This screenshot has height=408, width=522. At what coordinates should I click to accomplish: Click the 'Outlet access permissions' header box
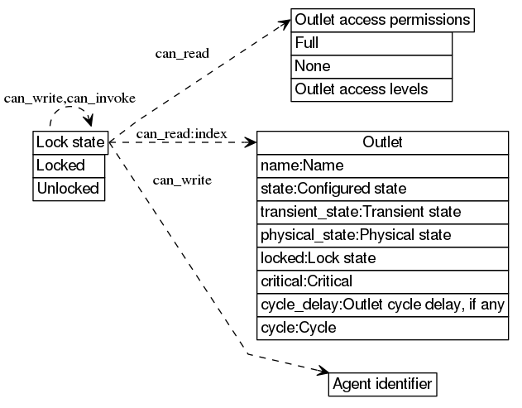point(382,20)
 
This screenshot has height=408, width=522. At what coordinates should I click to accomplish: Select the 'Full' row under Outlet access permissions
point(371,43)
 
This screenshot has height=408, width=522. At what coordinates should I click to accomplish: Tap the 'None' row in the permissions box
point(371,66)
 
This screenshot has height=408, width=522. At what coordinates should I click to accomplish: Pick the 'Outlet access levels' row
point(371,89)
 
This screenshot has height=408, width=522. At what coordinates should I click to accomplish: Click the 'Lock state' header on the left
point(70,142)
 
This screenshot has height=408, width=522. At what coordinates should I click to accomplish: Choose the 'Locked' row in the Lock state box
point(70,166)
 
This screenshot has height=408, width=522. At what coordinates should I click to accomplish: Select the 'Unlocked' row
point(70,189)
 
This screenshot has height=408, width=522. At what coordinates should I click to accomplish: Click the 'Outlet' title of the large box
point(382,142)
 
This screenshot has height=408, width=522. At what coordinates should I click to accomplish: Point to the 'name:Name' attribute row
point(382,166)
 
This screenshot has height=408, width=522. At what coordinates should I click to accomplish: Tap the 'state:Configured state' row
point(382,189)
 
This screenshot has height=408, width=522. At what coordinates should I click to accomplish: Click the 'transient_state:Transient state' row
point(382,212)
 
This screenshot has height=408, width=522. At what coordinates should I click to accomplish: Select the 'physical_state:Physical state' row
point(382,235)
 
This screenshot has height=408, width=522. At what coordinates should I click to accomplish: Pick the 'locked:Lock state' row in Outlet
point(382,258)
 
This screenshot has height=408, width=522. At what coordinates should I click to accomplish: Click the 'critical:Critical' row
point(382,281)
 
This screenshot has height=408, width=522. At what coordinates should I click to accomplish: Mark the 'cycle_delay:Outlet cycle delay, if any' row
point(382,305)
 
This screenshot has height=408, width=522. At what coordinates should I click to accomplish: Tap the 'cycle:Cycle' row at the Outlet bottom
point(382,328)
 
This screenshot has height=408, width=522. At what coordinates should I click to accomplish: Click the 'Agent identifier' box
point(381,384)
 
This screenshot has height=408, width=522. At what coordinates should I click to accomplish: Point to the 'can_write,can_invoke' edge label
point(69,98)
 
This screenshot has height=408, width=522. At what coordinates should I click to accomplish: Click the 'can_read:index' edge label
point(181,133)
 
